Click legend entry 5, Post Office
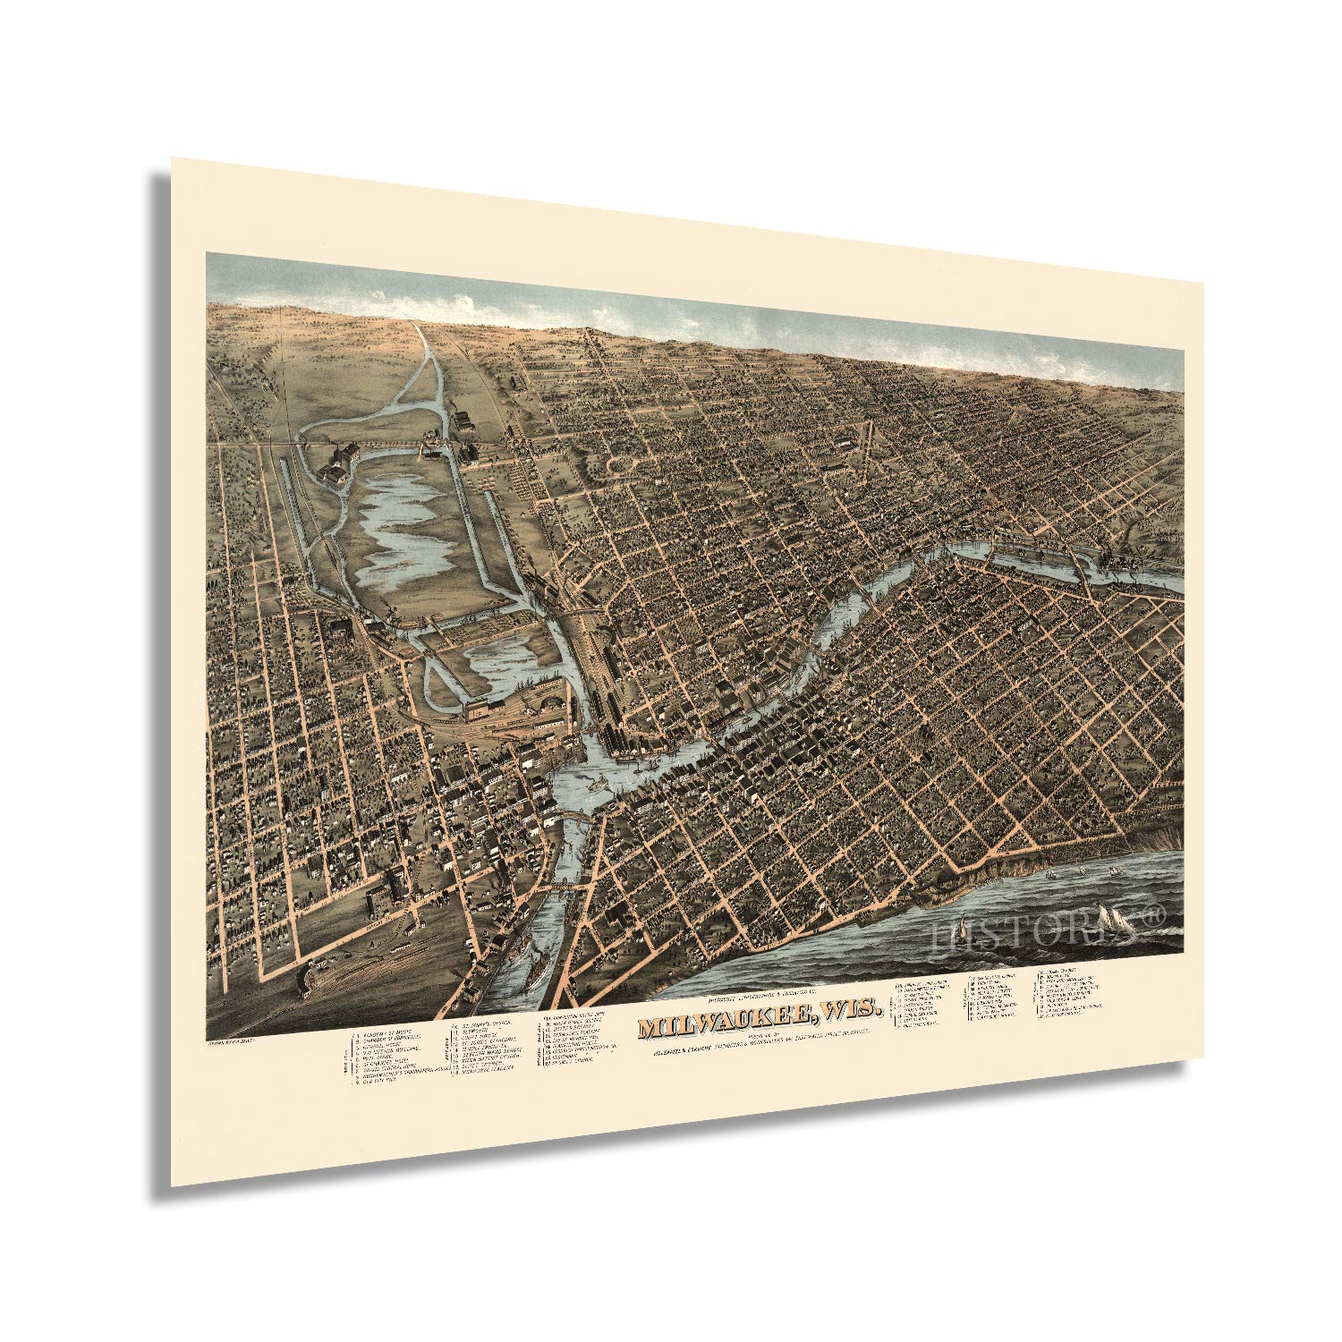(x=382, y=1059)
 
